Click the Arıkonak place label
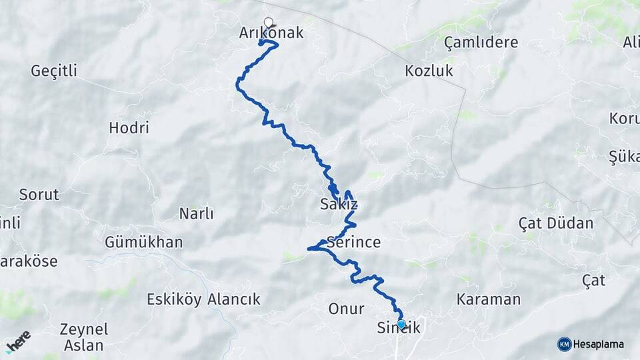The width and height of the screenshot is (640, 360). click(x=271, y=33)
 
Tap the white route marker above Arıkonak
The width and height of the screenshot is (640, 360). click(x=269, y=22)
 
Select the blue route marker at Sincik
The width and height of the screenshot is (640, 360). click(x=401, y=325)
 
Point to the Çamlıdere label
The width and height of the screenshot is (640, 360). click(x=481, y=43)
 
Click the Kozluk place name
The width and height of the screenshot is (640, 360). click(x=429, y=71)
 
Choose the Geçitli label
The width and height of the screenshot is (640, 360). click(x=54, y=71)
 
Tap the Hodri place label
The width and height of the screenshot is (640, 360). click(x=129, y=128)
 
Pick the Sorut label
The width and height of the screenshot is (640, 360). click(x=39, y=195)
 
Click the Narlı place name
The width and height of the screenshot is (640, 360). click(x=196, y=214)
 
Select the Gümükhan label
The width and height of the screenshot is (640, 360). click(x=143, y=242)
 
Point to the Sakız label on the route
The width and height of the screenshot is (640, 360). click(x=339, y=205)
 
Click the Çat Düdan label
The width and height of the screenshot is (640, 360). click(x=555, y=223)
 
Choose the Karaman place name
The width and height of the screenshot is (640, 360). click(x=488, y=299)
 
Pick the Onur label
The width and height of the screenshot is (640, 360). click(x=346, y=309)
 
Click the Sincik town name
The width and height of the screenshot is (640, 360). click(x=399, y=329)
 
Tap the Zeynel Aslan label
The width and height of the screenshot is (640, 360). click(x=84, y=337)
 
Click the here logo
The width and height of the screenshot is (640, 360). click(x=18, y=341)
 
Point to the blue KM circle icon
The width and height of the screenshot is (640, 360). click(x=564, y=344)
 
